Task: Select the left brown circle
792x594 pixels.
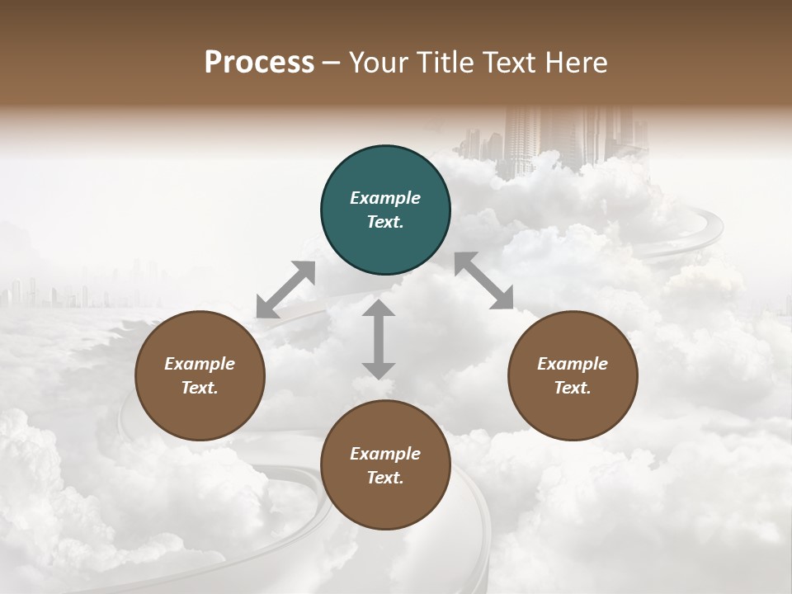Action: (200, 375)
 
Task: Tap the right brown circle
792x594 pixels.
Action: (573, 375)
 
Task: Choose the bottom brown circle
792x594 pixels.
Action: (385, 465)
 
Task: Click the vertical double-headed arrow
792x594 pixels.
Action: (379, 339)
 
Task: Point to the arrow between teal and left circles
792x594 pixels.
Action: (286, 289)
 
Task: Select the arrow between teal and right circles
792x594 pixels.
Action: (483, 280)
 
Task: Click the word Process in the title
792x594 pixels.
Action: (259, 63)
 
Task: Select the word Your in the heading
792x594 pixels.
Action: (379, 63)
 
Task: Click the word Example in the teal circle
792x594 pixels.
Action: (385, 198)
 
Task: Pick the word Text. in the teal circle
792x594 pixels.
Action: (385, 222)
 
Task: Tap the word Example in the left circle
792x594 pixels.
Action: (200, 364)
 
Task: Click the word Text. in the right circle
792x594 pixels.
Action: (573, 388)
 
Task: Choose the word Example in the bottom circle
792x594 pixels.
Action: (385, 454)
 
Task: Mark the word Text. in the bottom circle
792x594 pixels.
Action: (385, 478)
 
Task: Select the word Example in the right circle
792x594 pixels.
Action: (573, 364)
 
